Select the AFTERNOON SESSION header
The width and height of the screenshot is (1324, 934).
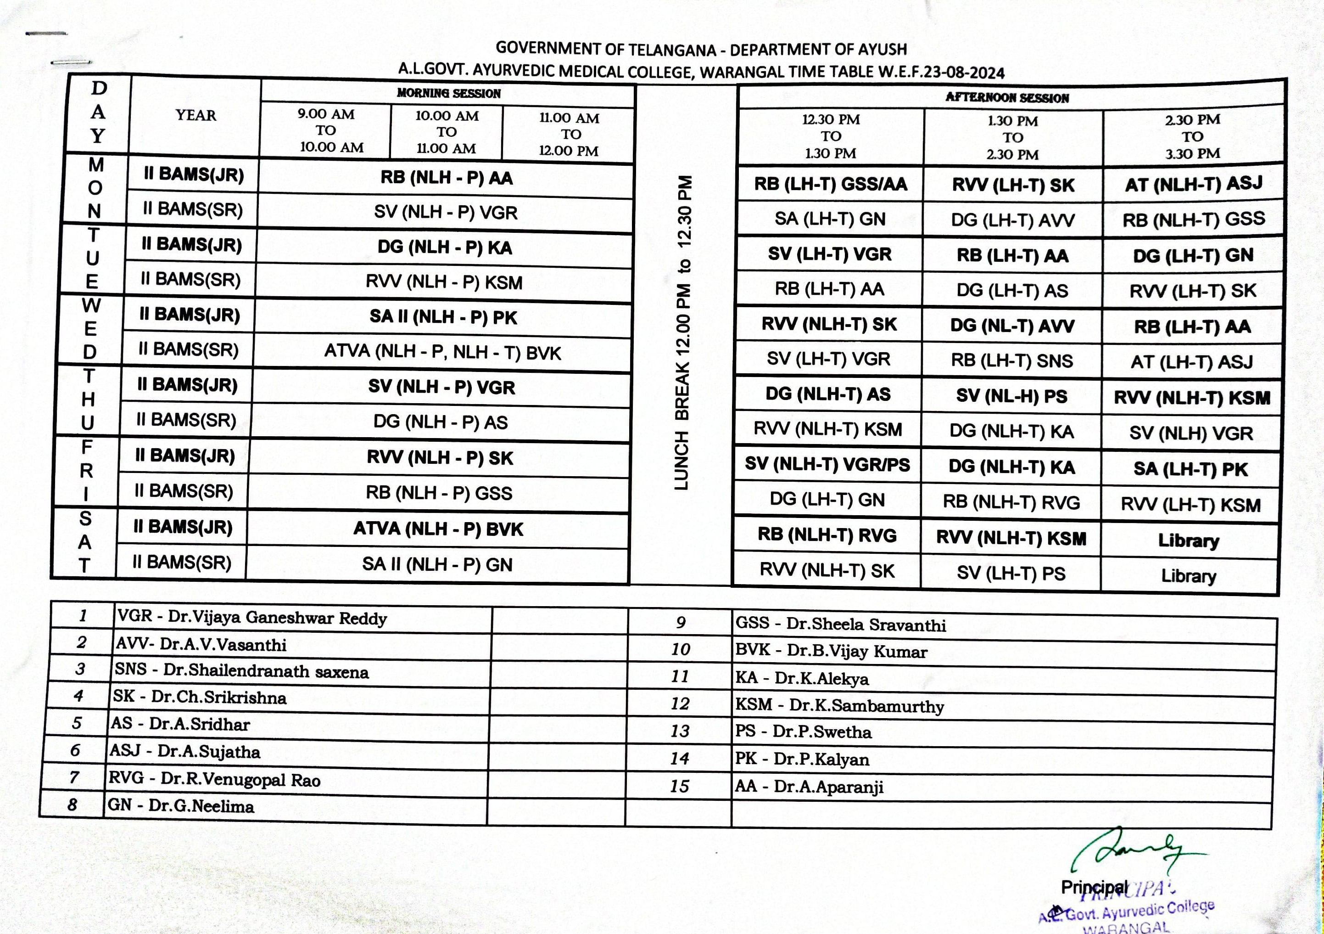1007,97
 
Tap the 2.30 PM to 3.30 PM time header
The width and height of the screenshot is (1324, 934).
1193,137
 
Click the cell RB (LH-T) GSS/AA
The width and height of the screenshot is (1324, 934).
830,184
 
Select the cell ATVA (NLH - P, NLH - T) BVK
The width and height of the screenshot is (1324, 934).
442,352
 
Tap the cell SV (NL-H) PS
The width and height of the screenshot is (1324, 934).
1011,396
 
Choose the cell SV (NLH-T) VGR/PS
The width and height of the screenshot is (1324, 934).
827,464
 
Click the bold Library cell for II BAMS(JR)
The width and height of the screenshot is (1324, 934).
1189,540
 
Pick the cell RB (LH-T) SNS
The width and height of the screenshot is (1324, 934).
1011,360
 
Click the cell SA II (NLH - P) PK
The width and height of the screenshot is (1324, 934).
443,317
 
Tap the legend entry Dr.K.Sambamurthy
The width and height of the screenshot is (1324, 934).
839,705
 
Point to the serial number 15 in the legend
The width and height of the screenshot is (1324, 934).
679,786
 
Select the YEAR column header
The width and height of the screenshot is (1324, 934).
196,115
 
